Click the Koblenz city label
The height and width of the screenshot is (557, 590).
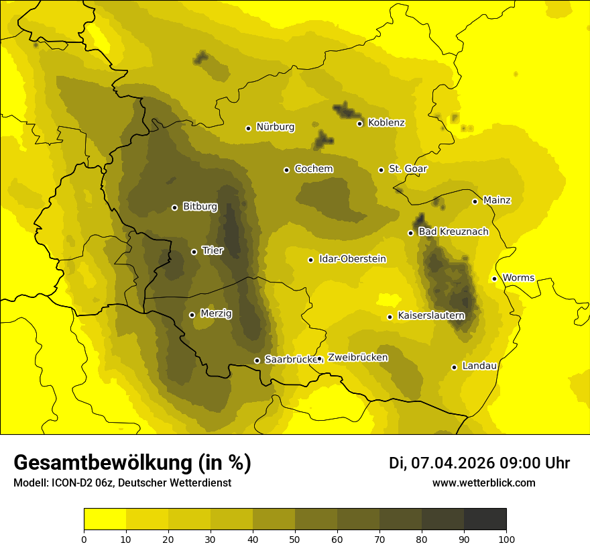coord(386,123)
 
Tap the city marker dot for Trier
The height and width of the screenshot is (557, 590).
coord(194,252)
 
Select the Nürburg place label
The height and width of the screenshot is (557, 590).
coord(275,127)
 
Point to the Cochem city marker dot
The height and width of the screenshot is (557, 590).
coord(286,170)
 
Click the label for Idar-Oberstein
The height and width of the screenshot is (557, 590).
coord(352,259)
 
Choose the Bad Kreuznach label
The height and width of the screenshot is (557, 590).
coord(453,232)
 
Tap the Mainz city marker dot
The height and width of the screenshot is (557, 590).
coord(475,201)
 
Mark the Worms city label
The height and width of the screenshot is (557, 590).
coord(518,278)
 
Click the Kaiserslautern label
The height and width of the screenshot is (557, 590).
coord(431,315)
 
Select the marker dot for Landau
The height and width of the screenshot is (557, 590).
coord(454,367)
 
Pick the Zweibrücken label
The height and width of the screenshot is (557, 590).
coord(357,358)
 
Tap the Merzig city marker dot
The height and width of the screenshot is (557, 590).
coord(192,315)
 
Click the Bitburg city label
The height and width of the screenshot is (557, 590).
coord(200,207)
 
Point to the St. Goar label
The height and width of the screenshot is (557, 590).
coord(408,169)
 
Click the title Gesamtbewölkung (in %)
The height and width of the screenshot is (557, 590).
coord(132,462)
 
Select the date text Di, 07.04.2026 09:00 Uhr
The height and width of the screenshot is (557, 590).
coord(479,463)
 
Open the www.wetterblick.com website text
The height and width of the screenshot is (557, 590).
coord(483,483)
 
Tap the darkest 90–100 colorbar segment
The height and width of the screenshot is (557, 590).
coord(485,519)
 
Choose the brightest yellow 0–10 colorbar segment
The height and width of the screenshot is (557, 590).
coord(105,519)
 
